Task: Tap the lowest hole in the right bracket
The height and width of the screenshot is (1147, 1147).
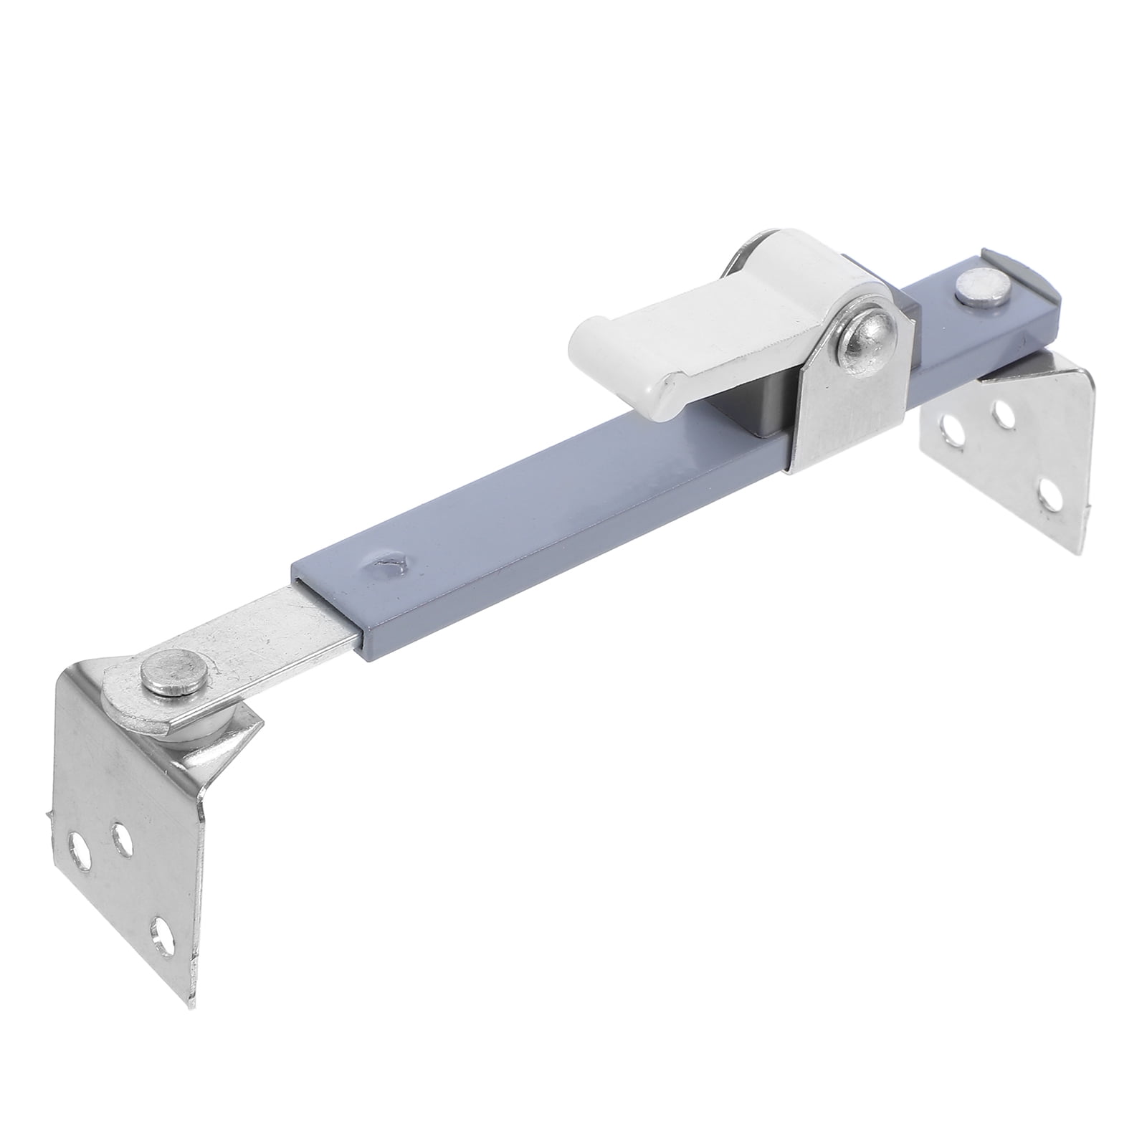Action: click(1050, 495)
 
